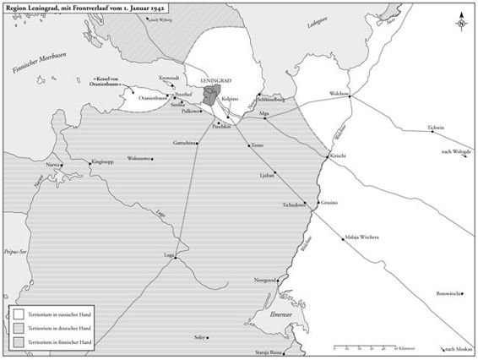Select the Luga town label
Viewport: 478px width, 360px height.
(168, 254)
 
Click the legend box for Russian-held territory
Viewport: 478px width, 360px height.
(18, 311)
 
